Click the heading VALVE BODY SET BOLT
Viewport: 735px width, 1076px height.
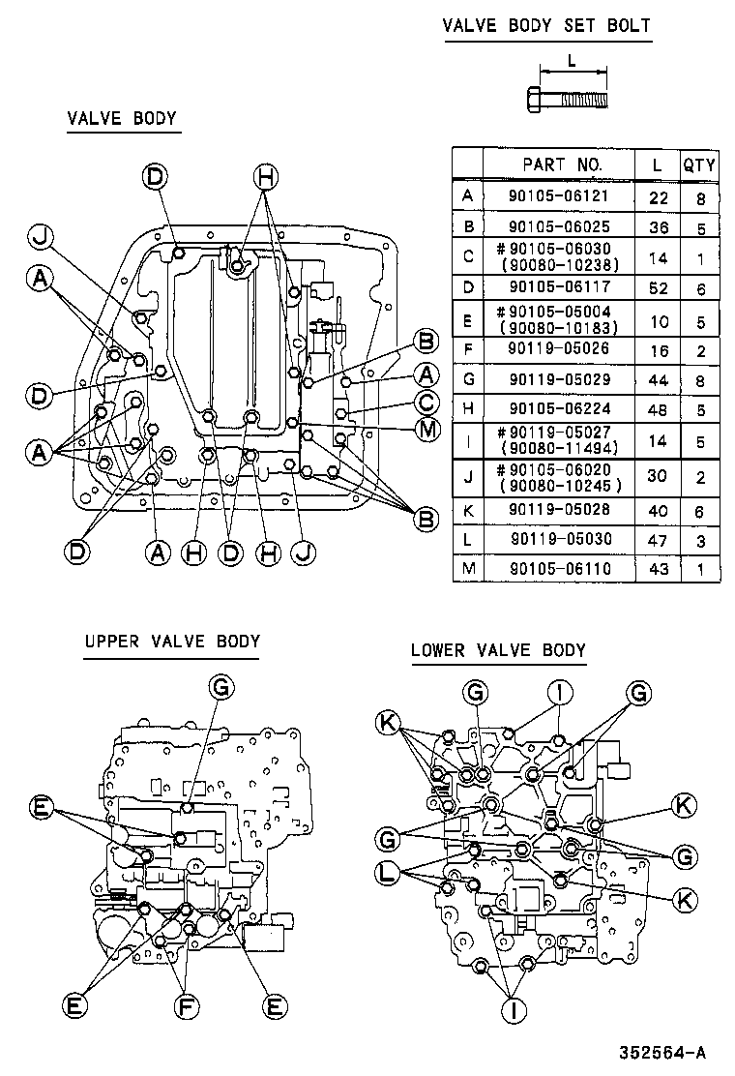[546, 25]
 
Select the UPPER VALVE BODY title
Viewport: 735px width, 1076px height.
[171, 641]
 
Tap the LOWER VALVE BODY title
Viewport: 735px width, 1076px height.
[498, 649]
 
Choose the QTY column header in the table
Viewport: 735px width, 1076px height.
[698, 164]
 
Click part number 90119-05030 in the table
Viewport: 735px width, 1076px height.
[558, 539]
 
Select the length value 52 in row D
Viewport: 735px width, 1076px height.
[658, 288]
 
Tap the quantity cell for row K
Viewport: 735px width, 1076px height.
[698, 508]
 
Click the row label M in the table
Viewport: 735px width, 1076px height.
[468, 569]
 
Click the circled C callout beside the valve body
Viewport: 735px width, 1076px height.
[425, 402]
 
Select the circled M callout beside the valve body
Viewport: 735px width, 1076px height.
[425, 429]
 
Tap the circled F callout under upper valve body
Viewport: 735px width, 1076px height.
[187, 1006]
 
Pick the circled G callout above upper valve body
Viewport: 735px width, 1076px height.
[220, 687]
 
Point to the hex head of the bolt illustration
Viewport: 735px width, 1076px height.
[535, 99]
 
